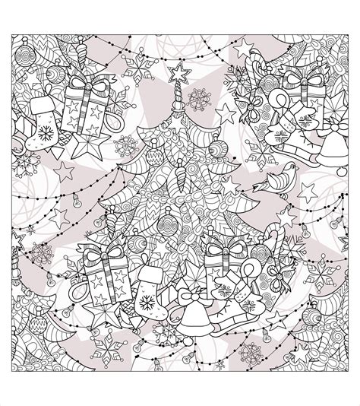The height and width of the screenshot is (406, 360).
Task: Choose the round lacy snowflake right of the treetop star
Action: tap(200, 100)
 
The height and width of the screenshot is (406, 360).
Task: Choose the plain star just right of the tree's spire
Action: tap(225, 113)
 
